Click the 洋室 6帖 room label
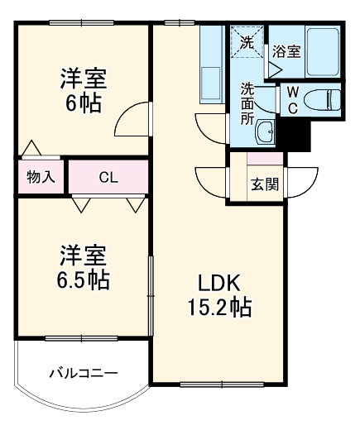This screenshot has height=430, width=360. (x=83, y=93)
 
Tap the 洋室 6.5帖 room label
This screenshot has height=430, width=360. (x=83, y=266)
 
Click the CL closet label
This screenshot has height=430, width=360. (x=108, y=176)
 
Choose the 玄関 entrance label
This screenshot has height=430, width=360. (x=264, y=183)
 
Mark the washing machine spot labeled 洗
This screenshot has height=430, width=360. (x=247, y=41)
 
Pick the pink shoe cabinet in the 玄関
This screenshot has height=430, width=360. (x=265, y=159)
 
